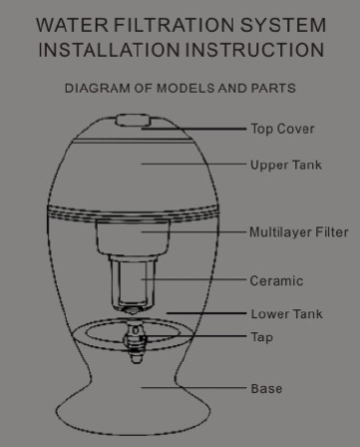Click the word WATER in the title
coord(72,25)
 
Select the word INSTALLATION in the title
coord(109,50)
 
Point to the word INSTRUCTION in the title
coord(254,50)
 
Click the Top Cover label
coord(282,129)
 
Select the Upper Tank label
coord(286,165)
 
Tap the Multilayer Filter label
coord(299,232)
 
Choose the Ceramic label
coord(276,281)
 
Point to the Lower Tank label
coord(286,314)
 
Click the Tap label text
coord(262,337)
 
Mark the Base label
coord(266,388)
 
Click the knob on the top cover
coord(133,120)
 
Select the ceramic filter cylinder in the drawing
coord(133,282)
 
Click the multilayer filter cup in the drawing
coord(133,237)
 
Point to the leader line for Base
coord(193,387)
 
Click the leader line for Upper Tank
coord(193,164)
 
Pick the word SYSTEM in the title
coord(283,25)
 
